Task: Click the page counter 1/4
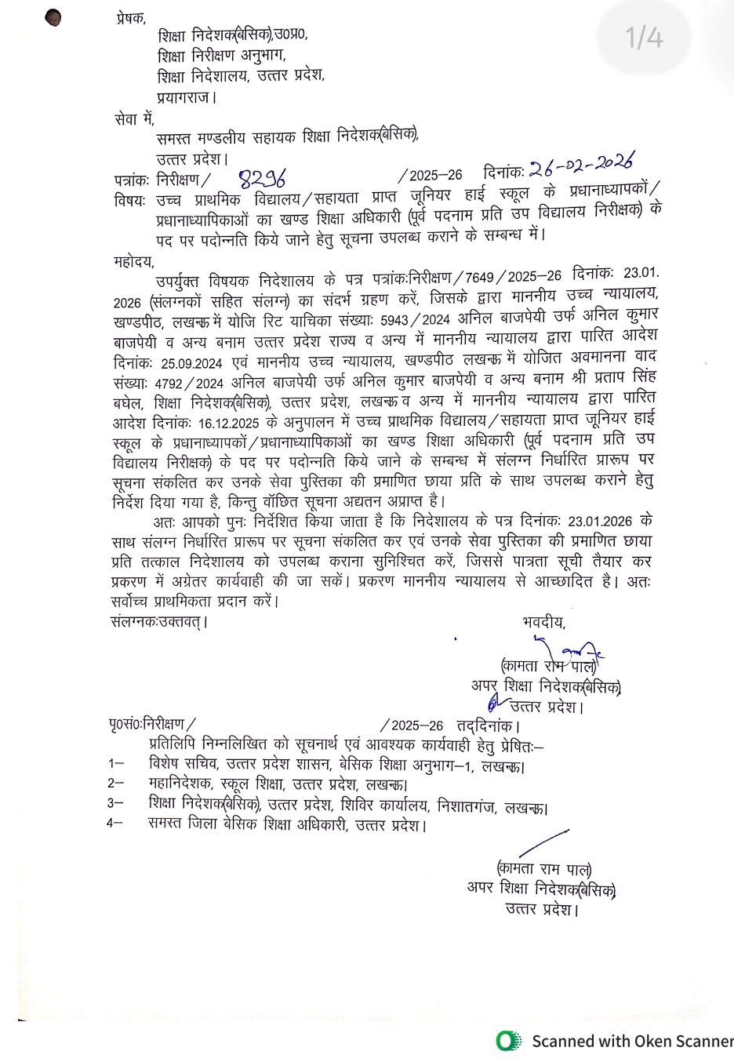(644, 38)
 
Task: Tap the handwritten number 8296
(263, 176)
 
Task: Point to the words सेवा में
(134, 118)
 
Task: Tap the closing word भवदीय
(543, 622)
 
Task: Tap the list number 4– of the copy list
(115, 824)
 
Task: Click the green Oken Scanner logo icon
(509, 1041)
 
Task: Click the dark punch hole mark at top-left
(54, 17)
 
